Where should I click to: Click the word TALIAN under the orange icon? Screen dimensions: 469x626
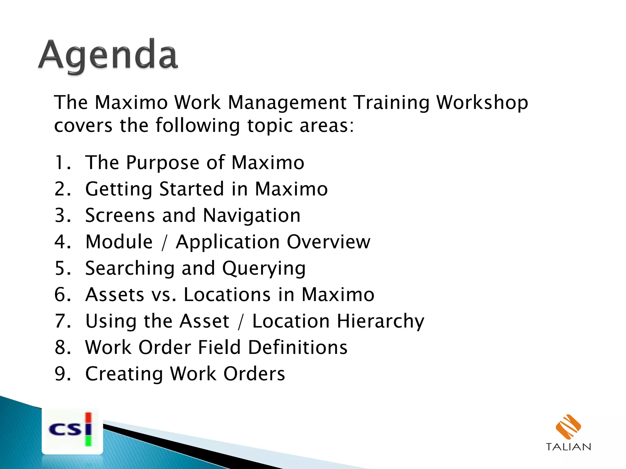568,447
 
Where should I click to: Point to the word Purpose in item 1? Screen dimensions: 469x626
162,163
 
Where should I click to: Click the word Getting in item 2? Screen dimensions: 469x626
119,189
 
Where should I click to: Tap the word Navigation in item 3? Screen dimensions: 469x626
252,216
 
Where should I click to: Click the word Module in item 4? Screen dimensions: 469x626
119,242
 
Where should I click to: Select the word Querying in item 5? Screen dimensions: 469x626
264,269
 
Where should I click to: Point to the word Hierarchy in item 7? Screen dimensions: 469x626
381,322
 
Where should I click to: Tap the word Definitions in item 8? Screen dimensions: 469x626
298,347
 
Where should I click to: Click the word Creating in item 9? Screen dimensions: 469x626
124,374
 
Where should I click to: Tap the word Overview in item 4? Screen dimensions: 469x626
329,242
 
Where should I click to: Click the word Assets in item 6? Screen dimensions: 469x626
115,295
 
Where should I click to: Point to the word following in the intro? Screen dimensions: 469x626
198,125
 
